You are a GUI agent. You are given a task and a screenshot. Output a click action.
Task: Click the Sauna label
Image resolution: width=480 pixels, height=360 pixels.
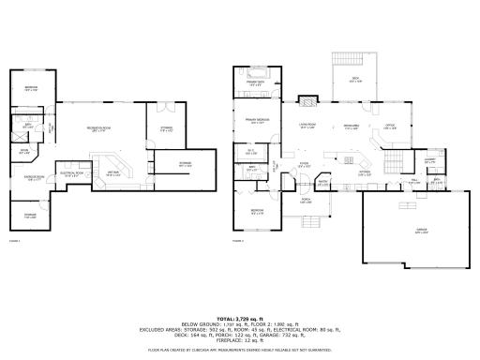[24, 150]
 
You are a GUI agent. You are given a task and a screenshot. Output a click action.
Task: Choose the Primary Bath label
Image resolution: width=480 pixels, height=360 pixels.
[255, 83]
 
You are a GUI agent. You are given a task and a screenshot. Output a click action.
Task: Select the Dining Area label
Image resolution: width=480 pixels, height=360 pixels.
[352, 125]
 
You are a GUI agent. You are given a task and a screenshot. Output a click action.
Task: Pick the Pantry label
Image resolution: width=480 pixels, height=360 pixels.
[322, 183]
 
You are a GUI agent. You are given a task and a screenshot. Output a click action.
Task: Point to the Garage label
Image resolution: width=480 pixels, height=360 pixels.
[408, 230]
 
